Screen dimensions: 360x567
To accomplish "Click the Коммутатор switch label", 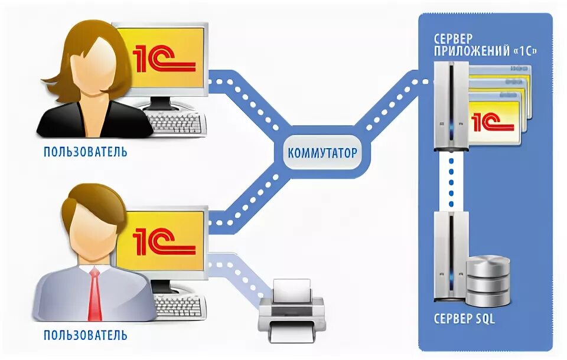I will click(322, 153).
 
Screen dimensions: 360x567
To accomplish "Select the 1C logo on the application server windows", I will click(493, 121).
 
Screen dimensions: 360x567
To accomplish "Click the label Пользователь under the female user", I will click(85, 152).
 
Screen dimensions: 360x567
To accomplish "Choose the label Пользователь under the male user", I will click(85, 336).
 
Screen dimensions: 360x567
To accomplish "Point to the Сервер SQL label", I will click(464, 319).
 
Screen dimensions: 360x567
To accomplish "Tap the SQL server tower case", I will click(449, 260).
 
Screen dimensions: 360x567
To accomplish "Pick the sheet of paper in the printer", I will click(292, 289).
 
